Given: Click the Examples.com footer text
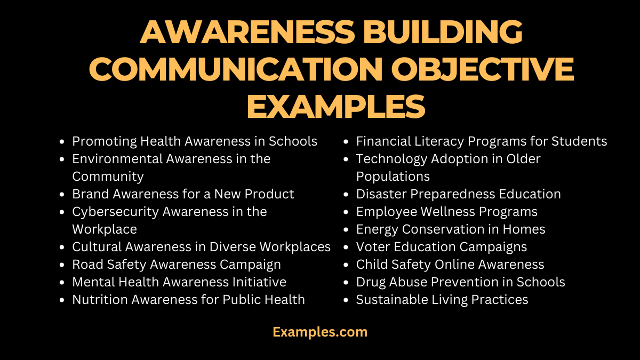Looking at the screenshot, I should (x=320, y=332).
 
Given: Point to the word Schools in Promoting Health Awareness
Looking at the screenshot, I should (x=293, y=141).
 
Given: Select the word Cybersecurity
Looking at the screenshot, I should (x=116, y=212).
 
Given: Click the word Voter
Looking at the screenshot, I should (x=372, y=247).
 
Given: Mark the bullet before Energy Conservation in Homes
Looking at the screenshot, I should (x=346, y=230).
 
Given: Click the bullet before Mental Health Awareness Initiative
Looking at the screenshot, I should (x=62, y=283).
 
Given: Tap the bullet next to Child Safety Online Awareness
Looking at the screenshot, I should (x=346, y=265).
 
